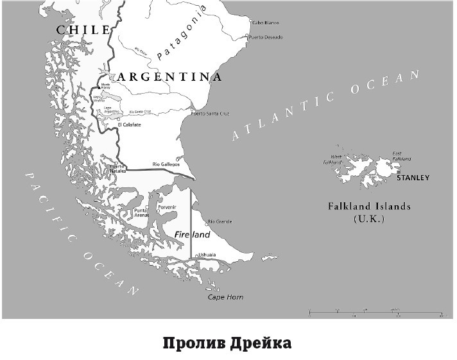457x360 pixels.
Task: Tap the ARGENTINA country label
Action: pyautogui.click(x=169, y=77)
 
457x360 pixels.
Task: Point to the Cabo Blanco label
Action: pyautogui.click(x=265, y=22)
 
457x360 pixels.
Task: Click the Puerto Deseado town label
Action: pyautogui.click(x=266, y=37)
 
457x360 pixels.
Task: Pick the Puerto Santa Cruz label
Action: pyautogui.click(x=211, y=114)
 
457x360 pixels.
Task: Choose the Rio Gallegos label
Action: pyautogui.click(x=165, y=164)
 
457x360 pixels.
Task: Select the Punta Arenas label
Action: pyautogui.click(x=142, y=213)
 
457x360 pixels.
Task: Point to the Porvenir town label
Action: pyautogui.click(x=166, y=207)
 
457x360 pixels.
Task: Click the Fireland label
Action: pyautogui.click(x=193, y=236)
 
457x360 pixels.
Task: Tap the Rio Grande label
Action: pyautogui.click(x=219, y=222)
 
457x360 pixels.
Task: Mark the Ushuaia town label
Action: pyautogui.click(x=207, y=255)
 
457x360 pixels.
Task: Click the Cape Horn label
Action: pyautogui.click(x=225, y=297)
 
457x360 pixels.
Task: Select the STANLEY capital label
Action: pyautogui.click(x=413, y=178)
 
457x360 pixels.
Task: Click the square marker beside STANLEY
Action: pyautogui.click(x=399, y=172)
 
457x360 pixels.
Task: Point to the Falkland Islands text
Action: pyautogui.click(x=368, y=207)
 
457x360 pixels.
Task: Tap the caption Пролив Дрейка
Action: pyautogui.click(x=227, y=343)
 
